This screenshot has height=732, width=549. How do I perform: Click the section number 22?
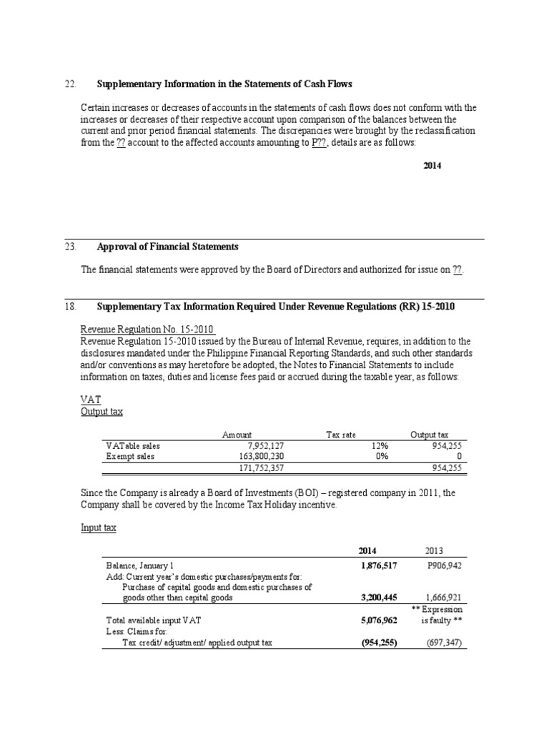(x=69, y=84)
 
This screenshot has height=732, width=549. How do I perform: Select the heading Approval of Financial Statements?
(x=167, y=247)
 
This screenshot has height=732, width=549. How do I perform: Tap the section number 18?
(x=69, y=307)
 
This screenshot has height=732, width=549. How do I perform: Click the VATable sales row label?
(x=133, y=445)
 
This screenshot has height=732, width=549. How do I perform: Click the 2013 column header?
(x=434, y=550)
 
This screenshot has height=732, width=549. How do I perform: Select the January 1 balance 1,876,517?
(x=375, y=565)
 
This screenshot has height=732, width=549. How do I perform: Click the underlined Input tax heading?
(x=100, y=527)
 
